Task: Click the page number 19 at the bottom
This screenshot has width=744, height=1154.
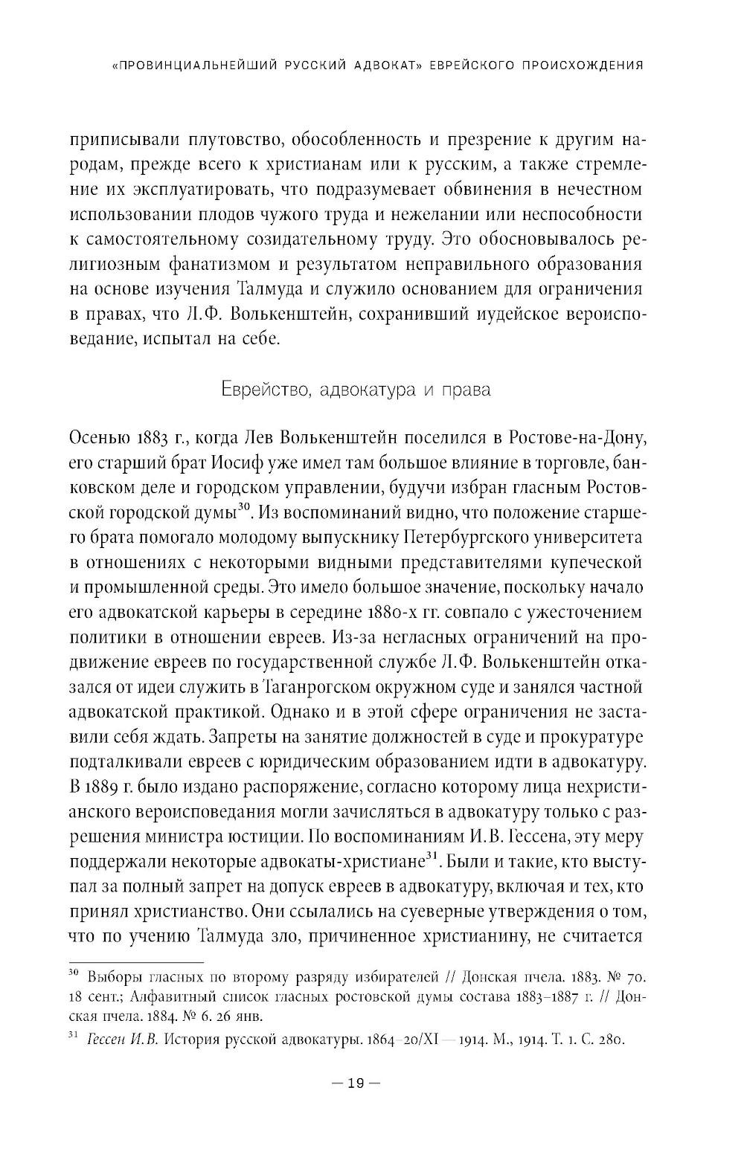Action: pos(354,1083)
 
